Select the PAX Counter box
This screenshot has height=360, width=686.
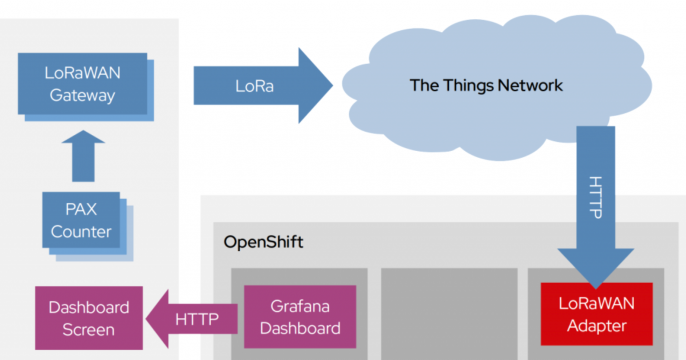(x=79, y=221)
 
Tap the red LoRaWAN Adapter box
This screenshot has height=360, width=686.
(x=596, y=313)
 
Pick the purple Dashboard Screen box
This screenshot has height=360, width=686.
(x=81, y=318)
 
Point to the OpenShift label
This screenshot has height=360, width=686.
(x=263, y=243)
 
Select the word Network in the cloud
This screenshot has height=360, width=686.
(x=530, y=85)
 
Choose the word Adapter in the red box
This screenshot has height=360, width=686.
(x=596, y=325)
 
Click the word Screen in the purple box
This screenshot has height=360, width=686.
(x=81, y=329)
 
